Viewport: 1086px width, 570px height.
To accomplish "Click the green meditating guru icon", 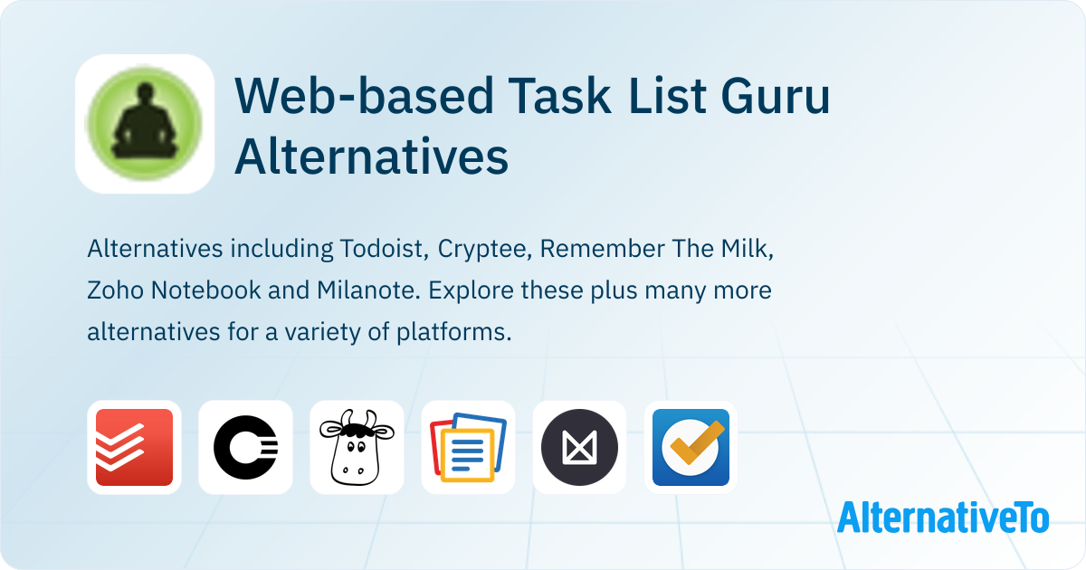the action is click(145, 124).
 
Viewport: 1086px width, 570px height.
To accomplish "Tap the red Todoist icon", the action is click(134, 447).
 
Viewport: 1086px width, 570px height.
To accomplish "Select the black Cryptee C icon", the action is click(246, 447).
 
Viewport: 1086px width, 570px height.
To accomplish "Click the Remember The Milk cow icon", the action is click(357, 447).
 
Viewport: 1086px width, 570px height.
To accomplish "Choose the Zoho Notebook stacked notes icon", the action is click(469, 447).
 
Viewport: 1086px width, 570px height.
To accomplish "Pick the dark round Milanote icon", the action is click(580, 447).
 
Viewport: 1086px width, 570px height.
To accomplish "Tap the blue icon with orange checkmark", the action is click(691, 447).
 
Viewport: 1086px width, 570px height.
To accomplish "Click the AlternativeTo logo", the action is click(943, 518).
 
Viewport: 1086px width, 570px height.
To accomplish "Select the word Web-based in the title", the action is click(364, 96).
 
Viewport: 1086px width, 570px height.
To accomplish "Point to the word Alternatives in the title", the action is click(371, 157).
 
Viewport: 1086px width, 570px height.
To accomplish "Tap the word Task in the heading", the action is click(559, 96).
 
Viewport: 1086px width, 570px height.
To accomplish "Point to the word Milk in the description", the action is click(748, 249).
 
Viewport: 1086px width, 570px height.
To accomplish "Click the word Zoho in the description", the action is click(116, 290).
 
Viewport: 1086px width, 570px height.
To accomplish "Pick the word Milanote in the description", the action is click(368, 290).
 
